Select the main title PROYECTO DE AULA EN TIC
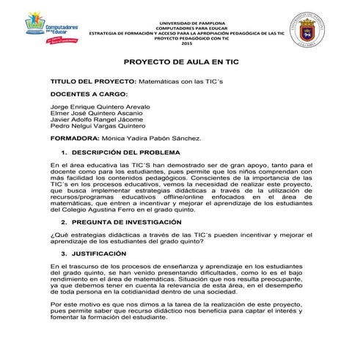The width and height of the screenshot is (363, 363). (x=182, y=64)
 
